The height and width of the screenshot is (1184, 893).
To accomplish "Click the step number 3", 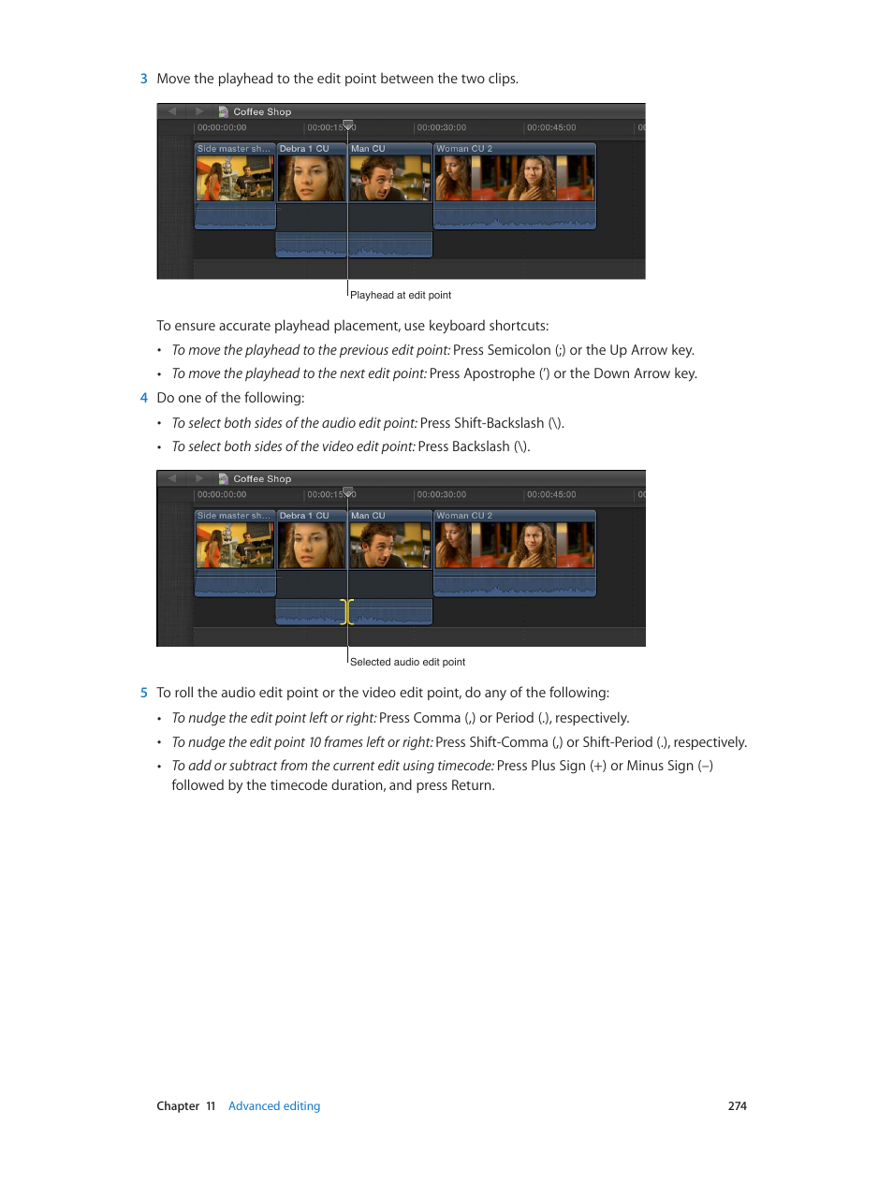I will click(x=144, y=79).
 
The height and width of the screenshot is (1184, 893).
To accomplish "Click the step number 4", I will click(x=144, y=398).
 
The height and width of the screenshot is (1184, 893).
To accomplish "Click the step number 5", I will click(x=144, y=693).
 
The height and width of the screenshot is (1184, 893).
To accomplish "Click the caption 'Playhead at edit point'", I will click(x=400, y=295).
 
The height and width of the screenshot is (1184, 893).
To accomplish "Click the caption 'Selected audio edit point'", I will click(x=407, y=662).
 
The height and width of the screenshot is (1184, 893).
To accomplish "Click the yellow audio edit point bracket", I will click(x=347, y=612).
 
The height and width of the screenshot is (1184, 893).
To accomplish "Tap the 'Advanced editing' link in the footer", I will click(x=274, y=1105).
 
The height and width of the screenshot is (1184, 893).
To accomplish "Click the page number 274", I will click(x=737, y=1105).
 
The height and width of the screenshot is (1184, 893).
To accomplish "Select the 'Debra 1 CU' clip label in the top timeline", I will click(x=304, y=149).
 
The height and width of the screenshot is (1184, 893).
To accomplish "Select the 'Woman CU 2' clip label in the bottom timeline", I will click(x=464, y=516).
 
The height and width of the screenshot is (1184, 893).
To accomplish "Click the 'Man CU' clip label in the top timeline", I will click(x=368, y=149).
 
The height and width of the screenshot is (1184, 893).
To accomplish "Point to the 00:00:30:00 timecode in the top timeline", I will click(x=442, y=127).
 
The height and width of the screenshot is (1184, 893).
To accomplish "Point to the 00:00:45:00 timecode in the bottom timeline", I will click(x=551, y=494).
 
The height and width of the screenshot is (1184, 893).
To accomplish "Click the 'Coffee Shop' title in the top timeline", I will click(x=262, y=111).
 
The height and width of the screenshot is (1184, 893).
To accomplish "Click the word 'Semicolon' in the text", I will click(x=519, y=350).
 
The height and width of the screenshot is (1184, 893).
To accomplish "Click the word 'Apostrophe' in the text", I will click(x=499, y=373).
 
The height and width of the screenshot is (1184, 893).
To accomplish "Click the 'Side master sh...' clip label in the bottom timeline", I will click(x=233, y=516).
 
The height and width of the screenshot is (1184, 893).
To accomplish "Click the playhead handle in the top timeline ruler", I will click(x=348, y=124).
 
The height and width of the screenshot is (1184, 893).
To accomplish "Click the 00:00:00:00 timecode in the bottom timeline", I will click(x=222, y=494).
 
